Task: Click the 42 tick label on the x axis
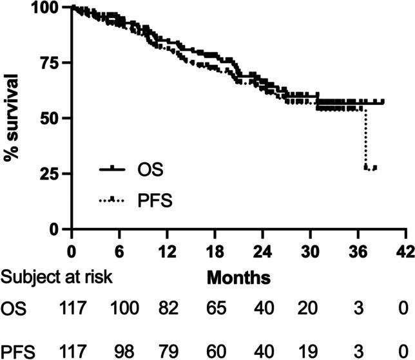pos(405,248)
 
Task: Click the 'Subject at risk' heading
pos(57,278)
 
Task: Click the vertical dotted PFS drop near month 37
pos(366,138)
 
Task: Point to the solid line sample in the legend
pos(113,169)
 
